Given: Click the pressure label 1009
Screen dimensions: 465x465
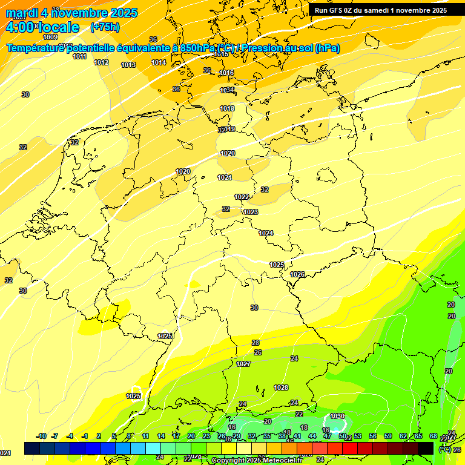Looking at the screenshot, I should tap(50, 38).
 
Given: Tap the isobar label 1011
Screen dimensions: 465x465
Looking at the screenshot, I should tap(79, 56).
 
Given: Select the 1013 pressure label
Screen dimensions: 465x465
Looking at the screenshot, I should tap(128, 65).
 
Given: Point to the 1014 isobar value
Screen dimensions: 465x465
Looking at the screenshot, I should tap(159, 62).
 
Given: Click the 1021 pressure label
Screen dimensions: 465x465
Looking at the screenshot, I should tap(225, 177).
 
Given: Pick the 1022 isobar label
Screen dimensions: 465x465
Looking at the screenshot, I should tap(242, 197).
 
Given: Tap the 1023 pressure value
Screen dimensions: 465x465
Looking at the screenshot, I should tap(251, 212).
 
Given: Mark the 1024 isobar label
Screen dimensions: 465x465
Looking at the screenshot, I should tap(266, 233).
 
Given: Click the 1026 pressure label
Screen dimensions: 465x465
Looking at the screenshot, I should tap(297, 274).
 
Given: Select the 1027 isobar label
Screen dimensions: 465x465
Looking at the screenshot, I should tap(243, 364).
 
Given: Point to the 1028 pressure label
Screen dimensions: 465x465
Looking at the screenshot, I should tap(280, 387).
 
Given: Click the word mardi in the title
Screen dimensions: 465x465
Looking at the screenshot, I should tap(22, 13).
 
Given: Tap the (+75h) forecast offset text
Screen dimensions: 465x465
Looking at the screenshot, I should tap(105, 27).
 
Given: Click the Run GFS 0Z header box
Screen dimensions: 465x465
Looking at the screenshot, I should tap(381, 10).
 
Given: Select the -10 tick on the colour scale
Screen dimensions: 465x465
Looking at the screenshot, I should tap(41, 436).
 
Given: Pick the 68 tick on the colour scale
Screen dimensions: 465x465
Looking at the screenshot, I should tap(434, 436).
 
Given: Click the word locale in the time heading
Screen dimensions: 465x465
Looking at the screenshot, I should tap(59, 27).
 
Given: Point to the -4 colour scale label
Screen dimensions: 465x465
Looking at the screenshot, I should tap(70, 436).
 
